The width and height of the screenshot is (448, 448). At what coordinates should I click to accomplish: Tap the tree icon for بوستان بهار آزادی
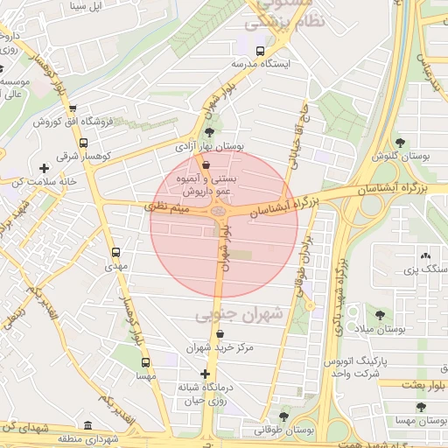click(x=208, y=131)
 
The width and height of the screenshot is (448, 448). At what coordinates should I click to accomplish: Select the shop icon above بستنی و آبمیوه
click(x=206, y=164)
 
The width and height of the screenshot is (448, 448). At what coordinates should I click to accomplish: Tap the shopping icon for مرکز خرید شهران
click(x=218, y=333)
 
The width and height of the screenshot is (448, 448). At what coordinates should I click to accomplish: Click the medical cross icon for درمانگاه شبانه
click(x=206, y=374)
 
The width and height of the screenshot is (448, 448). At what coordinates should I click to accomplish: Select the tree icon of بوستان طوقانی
click(x=282, y=416)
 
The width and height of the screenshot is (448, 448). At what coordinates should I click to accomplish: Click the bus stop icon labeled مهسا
click(x=145, y=361)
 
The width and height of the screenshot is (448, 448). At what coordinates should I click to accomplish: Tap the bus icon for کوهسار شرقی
click(x=83, y=143)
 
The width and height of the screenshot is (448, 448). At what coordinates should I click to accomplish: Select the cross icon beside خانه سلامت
click(x=44, y=167)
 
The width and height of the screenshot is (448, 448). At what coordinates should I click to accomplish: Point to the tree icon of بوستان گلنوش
click(x=401, y=142)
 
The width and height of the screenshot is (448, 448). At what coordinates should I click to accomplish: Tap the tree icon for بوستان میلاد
click(x=380, y=314)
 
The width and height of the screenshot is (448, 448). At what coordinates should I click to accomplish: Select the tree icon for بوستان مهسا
click(x=422, y=408)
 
